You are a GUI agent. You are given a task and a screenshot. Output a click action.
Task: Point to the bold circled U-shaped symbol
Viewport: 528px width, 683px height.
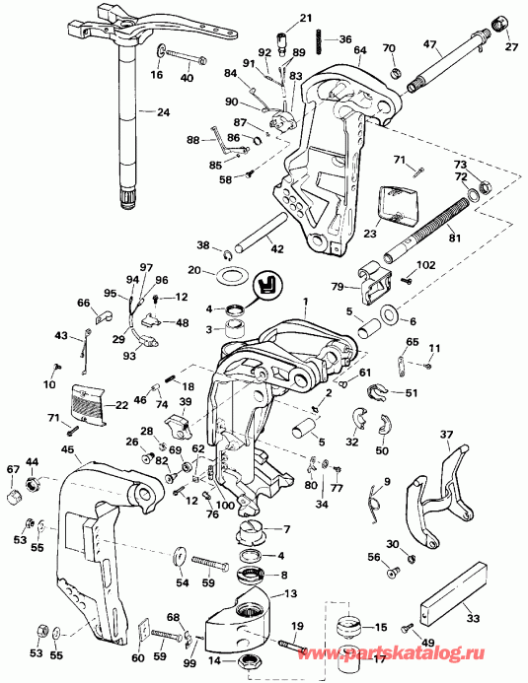[264, 283]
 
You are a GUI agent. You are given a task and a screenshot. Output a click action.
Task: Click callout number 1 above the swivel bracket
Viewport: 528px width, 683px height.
[307, 300]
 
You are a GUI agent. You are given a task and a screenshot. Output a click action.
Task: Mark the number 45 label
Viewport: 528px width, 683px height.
[67, 450]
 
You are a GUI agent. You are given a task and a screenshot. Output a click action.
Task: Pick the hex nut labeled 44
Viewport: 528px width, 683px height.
[32, 484]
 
